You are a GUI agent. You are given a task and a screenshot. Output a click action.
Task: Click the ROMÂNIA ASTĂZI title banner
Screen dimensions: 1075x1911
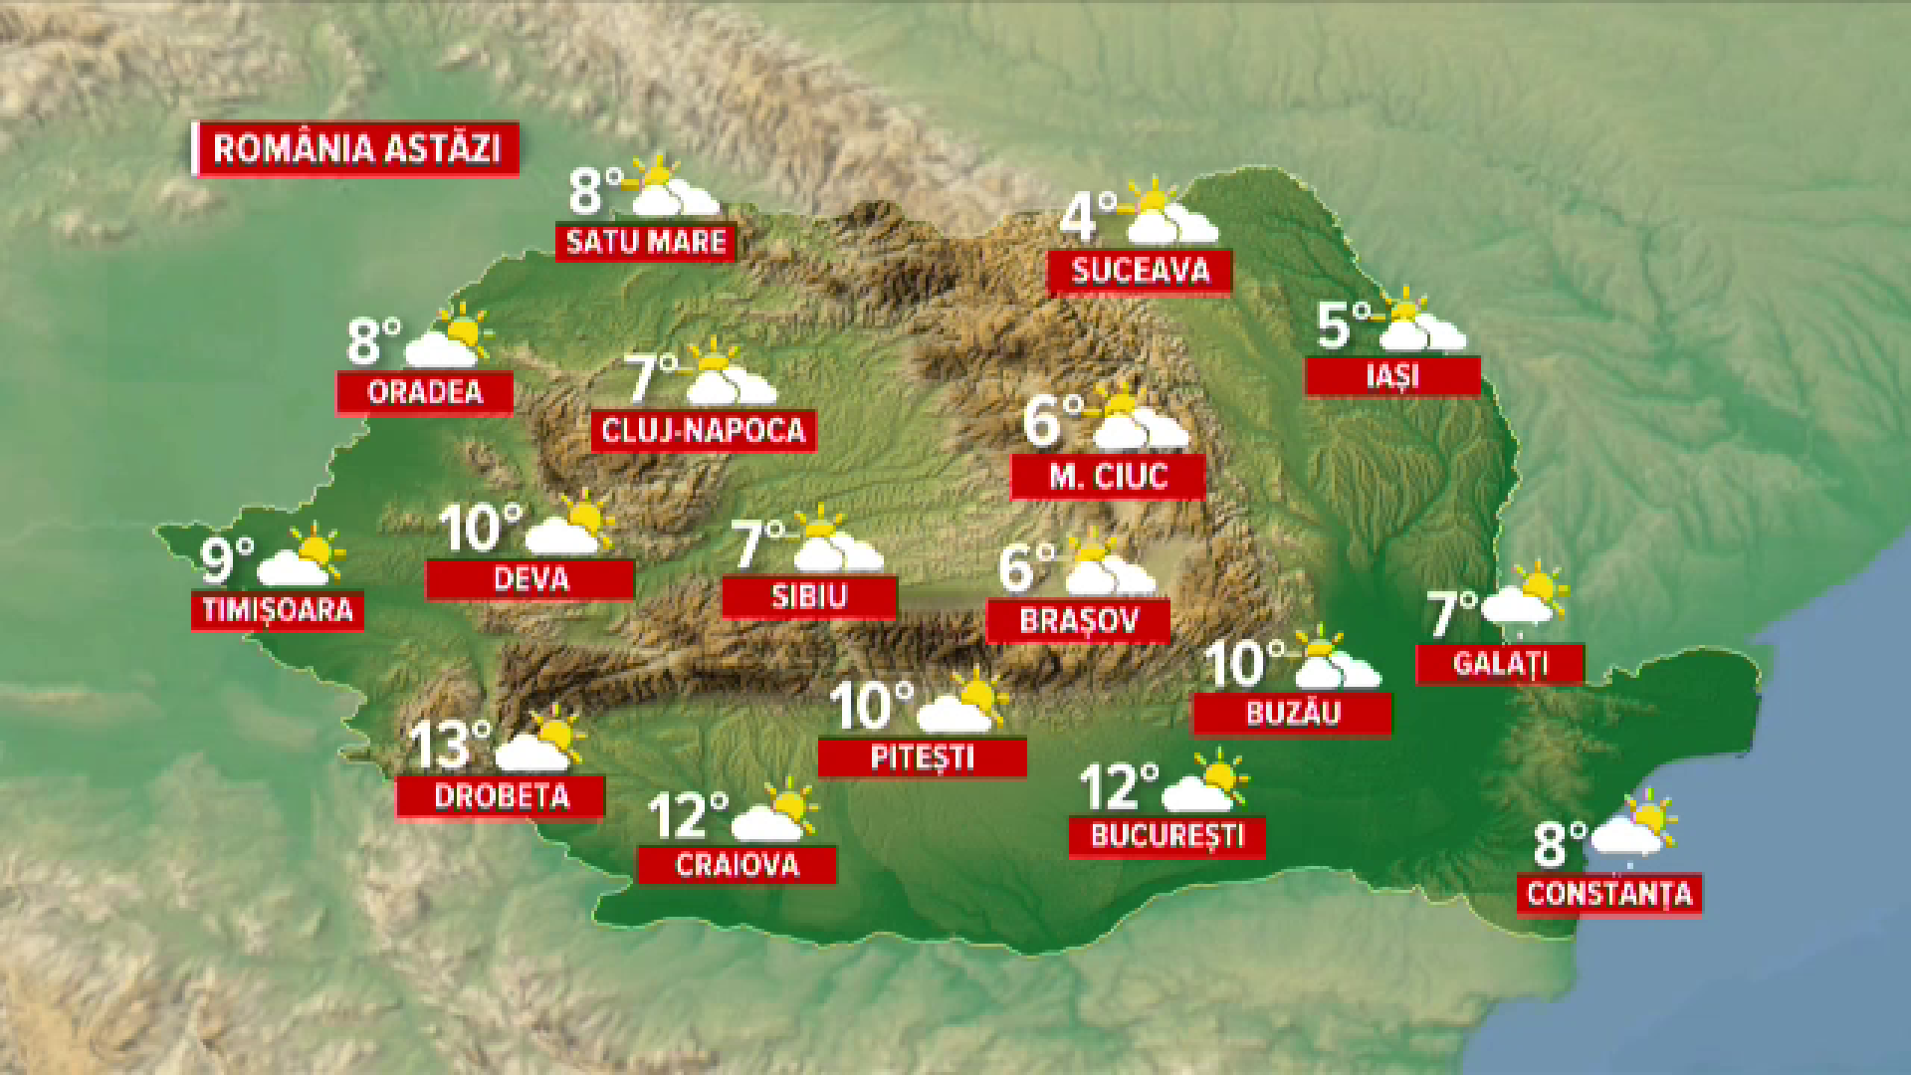click(356, 149)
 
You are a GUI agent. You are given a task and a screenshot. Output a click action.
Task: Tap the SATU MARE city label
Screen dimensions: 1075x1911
click(645, 242)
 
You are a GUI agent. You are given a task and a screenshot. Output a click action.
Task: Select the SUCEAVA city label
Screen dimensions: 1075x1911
click(1140, 271)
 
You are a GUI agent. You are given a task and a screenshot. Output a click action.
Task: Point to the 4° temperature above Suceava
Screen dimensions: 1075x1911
click(1087, 217)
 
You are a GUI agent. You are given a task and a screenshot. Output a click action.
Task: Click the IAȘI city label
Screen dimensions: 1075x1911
click(1392, 376)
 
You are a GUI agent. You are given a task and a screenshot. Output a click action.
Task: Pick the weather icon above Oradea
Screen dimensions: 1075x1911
click(450, 336)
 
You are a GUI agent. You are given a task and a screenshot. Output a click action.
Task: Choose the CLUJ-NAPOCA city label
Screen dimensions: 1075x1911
click(703, 431)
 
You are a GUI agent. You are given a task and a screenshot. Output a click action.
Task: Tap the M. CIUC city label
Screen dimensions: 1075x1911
click(1108, 477)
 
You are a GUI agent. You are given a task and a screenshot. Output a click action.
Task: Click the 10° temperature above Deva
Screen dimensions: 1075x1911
click(480, 528)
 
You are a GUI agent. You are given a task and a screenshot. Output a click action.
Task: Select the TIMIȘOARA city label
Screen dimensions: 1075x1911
click(278, 610)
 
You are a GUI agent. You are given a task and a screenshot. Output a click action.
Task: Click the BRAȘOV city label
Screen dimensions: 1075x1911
click(1078, 621)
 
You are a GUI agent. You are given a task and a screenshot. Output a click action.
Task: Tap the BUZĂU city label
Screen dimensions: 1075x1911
click(1292, 714)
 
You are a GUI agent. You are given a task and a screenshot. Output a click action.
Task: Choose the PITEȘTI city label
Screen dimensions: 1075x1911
click(922, 757)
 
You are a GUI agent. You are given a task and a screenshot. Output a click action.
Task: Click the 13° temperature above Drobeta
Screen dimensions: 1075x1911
click(450, 745)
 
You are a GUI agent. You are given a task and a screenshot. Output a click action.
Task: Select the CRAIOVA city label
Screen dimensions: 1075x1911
click(737, 865)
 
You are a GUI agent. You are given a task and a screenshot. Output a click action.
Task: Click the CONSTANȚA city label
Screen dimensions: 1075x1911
click(1609, 894)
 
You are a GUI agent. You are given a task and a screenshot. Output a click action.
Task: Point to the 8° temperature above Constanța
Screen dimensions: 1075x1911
click(1559, 844)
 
